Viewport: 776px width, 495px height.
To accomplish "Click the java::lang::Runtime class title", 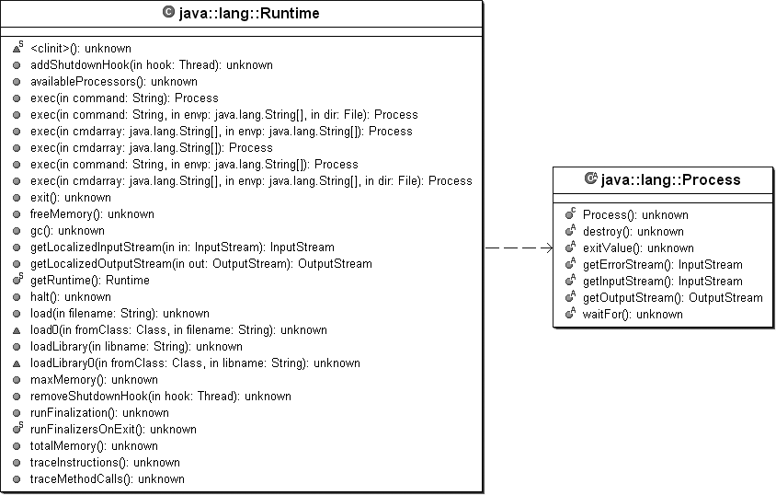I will tap(248, 13).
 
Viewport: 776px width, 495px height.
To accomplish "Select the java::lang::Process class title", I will tap(670, 179).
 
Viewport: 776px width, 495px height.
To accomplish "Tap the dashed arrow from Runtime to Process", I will tap(519, 247).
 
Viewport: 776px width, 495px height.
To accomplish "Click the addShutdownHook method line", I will tap(151, 64).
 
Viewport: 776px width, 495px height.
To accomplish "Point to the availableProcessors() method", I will tap(113, 81).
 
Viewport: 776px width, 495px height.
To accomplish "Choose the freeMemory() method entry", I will tap(93, 213).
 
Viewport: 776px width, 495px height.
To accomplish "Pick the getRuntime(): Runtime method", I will tap(89, 280).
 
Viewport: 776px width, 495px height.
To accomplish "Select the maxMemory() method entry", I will tap(94, 379).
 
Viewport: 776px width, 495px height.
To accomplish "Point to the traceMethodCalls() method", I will tap(107, 478).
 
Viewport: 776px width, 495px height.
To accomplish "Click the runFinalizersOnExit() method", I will tap(112, 429).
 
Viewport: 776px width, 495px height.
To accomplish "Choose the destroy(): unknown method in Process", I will tap(633, 231).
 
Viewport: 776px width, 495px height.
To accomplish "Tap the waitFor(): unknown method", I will tap(633, 314).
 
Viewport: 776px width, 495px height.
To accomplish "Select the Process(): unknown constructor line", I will tap(635, 214).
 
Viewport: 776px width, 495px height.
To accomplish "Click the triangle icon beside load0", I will tap(17, 329).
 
